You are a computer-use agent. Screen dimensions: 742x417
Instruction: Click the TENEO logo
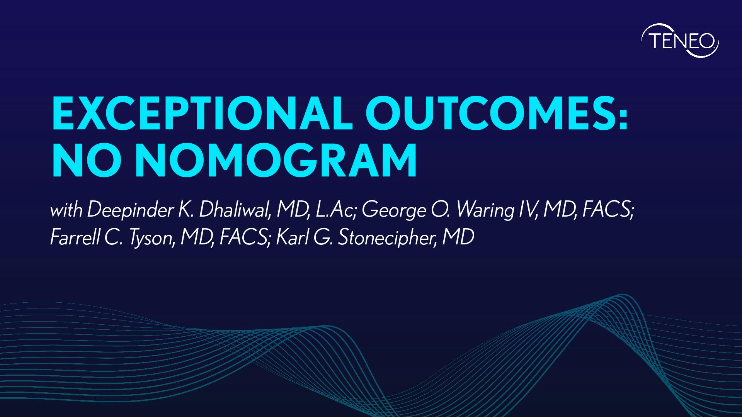(680, 41)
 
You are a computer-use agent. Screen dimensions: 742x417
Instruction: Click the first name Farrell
(74, 237)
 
